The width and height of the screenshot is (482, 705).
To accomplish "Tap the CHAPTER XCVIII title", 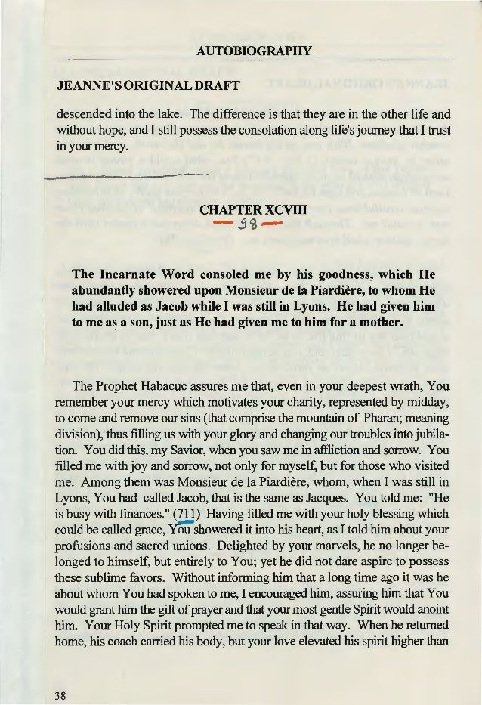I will [241, 208].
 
